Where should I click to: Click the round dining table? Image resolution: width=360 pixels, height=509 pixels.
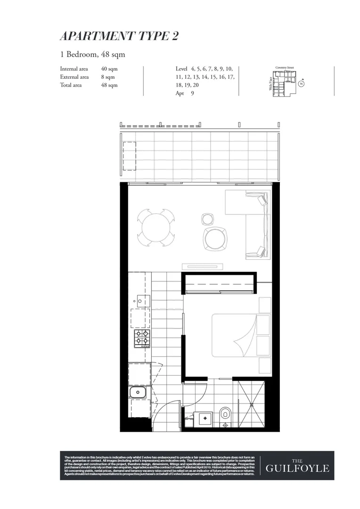click(x=155, y=227)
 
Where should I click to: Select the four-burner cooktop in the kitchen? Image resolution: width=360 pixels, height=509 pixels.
click(x=142, y=338)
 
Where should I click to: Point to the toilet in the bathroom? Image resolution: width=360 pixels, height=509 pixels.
click(x=225, y=415)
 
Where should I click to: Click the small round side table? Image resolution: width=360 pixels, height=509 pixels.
click(x=207, y=218)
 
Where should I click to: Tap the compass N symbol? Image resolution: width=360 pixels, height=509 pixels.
click(x=301, y=84)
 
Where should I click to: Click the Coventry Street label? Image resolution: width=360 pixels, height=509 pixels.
click(x=285, y=68)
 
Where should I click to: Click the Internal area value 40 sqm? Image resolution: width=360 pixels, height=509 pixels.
click(x=109, y=68)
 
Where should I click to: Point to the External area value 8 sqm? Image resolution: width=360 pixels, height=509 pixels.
click(x=107, y=77)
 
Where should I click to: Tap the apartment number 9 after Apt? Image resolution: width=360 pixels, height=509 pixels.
click(x=192, y=93)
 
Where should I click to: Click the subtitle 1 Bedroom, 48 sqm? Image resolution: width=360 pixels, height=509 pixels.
click(x=92, y=54)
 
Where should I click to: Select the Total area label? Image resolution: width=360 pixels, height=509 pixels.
click(x=71, y=85)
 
